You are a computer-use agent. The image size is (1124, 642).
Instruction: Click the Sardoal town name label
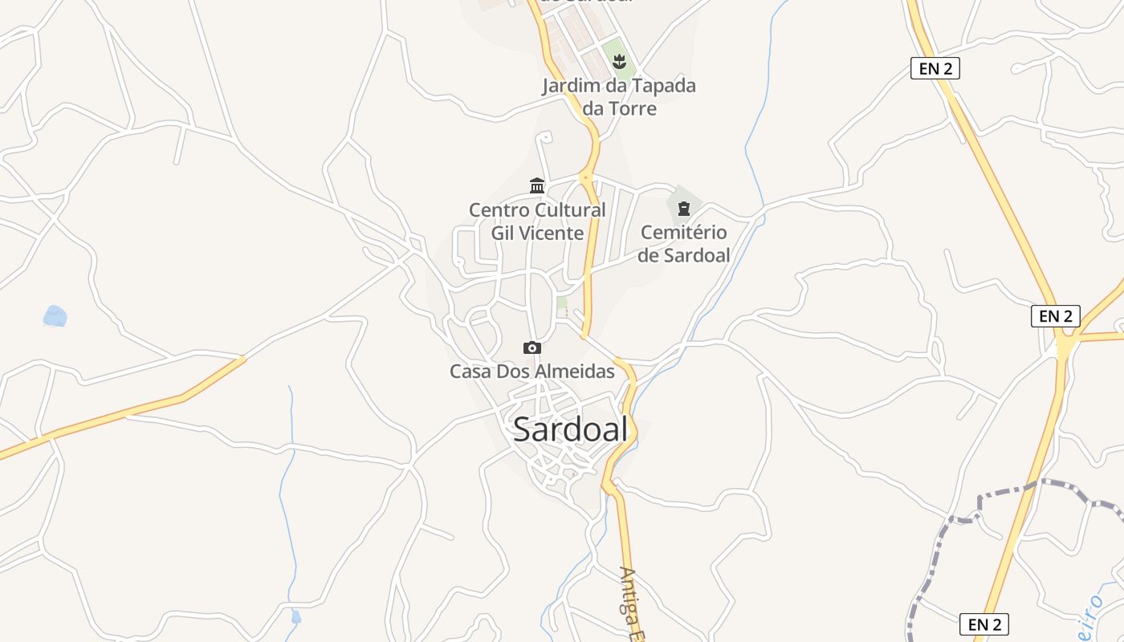[x=570, y=430]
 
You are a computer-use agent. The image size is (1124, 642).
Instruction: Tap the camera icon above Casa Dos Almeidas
[x=531, y=347]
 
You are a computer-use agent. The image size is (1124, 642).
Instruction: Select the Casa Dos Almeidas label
[x=531, y=372]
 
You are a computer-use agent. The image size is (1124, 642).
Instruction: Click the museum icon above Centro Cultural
[x=537, y=186]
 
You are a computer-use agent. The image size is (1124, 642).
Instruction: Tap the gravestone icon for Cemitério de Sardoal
[x=684, y=209]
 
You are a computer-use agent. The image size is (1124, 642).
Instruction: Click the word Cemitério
[x=684, y=233]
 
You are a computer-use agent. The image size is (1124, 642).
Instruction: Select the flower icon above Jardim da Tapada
[x=618, y=61]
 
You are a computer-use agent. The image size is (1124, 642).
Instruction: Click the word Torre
[x=632, y=108]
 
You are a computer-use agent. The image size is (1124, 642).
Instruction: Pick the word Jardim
[x=571, y=86]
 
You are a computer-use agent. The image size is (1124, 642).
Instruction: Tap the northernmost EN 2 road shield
[x=935, y=68]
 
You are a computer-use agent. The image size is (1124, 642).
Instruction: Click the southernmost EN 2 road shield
[x=983, y=624]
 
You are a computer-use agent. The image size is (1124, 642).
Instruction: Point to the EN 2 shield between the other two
[x=1055, y=316]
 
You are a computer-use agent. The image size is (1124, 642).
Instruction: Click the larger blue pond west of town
[x=55, y=316]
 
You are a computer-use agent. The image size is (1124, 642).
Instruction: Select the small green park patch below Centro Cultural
[x=562, y=303]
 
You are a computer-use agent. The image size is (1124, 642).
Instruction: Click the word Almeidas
[x=577, y=372]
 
